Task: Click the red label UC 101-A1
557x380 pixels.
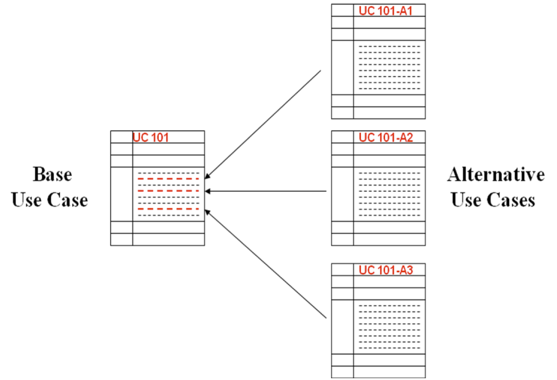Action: coord(386,11)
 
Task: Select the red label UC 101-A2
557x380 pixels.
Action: coord(386,137)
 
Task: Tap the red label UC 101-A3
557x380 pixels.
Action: coord(386,270)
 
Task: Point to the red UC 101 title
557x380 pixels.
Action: coord(151,137)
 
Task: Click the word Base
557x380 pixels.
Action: coord(52,175)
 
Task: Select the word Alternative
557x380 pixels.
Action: coord(496,175)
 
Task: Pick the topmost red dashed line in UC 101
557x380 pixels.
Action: coord(168,179)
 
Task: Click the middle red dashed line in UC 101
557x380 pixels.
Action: coord(168,191)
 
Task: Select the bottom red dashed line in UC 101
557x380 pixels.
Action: coord(168,209)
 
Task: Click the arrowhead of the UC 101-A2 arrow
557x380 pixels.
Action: coord(207,191)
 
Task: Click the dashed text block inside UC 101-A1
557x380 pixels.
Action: coord(389,67)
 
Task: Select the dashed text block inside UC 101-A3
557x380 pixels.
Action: coord(389,327)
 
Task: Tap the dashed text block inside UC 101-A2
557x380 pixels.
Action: coord(389,194)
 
